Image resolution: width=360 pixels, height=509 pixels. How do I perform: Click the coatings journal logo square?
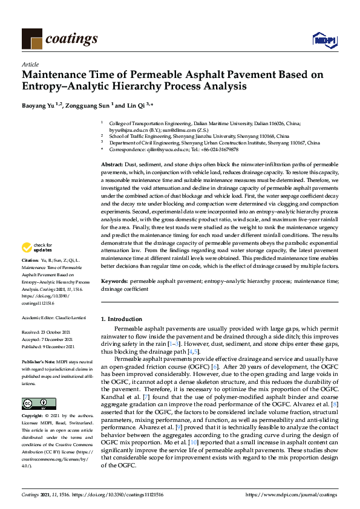point(32,39)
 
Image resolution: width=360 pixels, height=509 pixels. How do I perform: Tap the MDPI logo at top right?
point(324,40)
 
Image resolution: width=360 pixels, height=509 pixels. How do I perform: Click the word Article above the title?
point(30,64)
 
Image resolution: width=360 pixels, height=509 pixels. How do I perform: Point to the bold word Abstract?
point(111,165)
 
